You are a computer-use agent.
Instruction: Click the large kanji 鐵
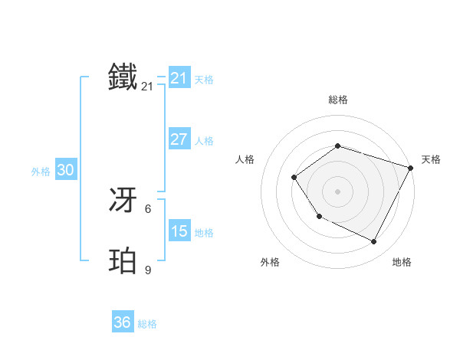tap(123, 77)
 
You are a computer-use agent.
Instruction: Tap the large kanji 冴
tap(123, 201)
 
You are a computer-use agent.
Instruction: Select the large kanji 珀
tap(123, 261)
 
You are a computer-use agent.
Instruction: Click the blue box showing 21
tap(179, 78)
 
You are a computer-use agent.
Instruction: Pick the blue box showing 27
tap(179, 139)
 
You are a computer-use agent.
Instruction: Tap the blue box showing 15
tap(179, 231)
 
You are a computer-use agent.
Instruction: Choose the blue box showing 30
tap(65, 170)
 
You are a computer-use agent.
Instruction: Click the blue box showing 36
tap(122, 322)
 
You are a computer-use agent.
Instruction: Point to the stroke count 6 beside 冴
tap(148, 208)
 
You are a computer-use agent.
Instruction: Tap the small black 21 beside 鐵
tap(147, 87)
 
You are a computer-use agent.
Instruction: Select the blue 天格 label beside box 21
tap(204, 80)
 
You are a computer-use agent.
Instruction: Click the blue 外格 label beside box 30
tap(41, 172)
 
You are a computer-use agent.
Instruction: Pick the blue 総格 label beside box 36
tap(147, 324)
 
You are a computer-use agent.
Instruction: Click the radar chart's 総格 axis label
tap(337, 100)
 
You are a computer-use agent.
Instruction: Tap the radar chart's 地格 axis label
tap(402, 262)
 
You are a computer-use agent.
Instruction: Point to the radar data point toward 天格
tap(411, 168)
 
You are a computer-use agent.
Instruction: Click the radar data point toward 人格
tap(294, 178)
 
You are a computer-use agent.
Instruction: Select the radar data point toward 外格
tap(319, 217)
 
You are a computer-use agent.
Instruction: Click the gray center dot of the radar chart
tap(337, 191)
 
